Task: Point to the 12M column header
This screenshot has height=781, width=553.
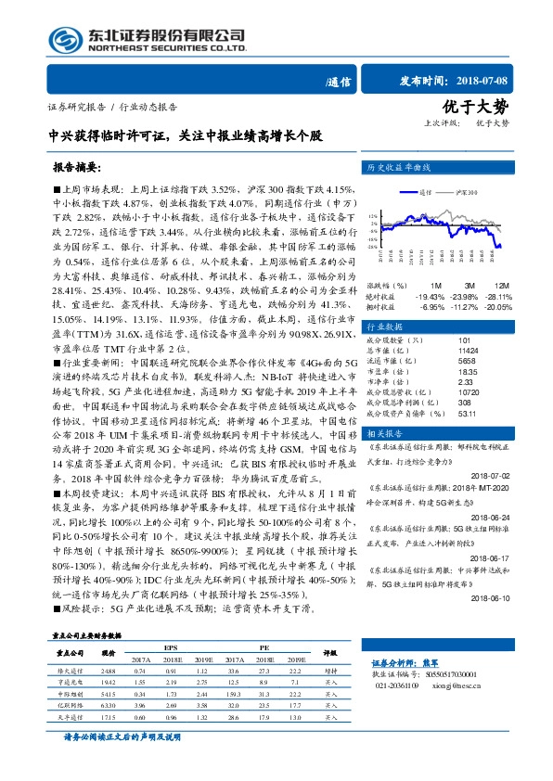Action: click(501, 285)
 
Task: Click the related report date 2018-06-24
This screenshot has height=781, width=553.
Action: click(497, 517)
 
